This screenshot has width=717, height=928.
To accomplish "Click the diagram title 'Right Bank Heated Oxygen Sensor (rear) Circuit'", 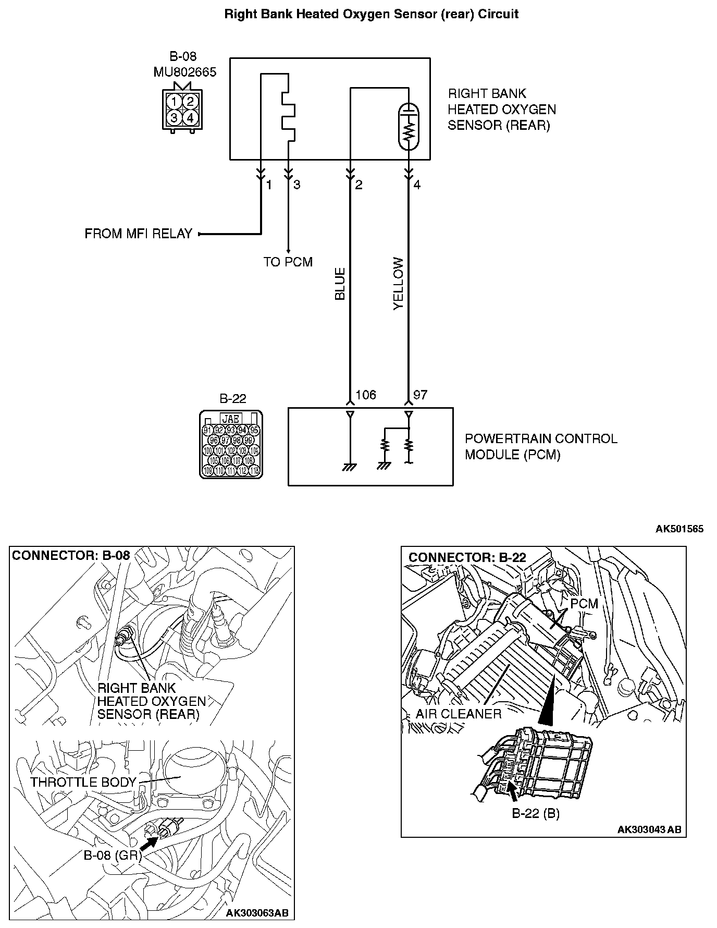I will click(371, 14).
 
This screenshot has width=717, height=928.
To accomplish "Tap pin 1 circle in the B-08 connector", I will click(174, 101).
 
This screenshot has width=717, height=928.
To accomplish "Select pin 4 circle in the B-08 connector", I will click(190, 118).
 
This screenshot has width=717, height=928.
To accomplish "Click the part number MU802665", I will click(184, 72).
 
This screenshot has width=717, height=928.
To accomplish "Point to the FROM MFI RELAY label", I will click(139, 234).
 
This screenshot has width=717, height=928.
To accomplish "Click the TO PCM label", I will click(288, 262).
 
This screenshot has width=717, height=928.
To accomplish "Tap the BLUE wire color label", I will click(340, 284).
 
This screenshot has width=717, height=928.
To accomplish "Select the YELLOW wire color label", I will click(399, 284).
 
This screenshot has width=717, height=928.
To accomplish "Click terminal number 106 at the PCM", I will click(365, 395).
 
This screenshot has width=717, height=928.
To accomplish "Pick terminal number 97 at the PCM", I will click(420, 395).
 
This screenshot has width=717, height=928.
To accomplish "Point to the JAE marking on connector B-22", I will click(231, 419).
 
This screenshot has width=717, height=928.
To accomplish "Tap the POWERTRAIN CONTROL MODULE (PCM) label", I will click(540, 446).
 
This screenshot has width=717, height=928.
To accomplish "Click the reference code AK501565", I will click(679, 529).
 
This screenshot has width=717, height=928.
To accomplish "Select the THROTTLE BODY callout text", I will click(83, 782).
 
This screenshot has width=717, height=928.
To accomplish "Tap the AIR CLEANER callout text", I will click(459, 714).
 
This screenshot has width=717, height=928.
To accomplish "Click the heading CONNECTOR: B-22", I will click(467, 557).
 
